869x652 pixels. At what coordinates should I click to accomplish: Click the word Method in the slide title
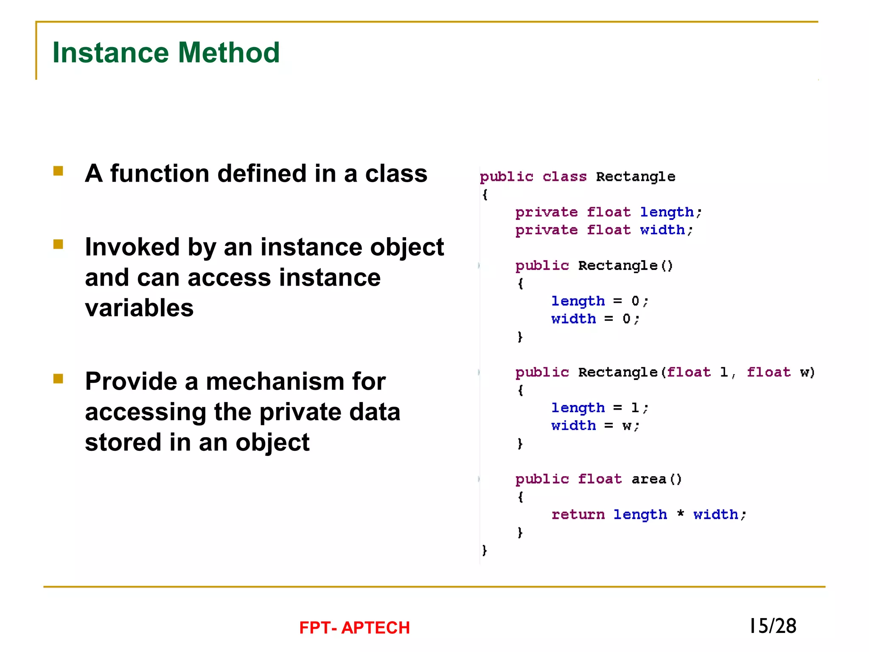(229, 53)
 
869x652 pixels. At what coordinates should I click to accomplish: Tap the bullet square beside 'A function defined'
(58, 171)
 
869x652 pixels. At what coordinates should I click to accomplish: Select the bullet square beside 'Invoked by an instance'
(58, 244)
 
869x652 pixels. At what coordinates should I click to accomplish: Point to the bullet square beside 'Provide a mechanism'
(58, 379)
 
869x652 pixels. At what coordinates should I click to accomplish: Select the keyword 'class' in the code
(564, 176)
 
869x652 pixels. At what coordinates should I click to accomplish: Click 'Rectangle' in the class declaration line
(635, 177)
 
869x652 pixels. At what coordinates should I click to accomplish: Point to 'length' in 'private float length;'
(667, 212)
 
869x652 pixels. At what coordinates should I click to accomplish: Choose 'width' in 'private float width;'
(662, 230)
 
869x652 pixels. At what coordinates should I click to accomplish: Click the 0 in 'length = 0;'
(635, 301)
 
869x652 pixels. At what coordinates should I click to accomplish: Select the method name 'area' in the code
(649, 479)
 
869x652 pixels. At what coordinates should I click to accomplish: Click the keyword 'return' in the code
(578, 514)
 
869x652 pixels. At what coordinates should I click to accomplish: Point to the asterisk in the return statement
(681, 514)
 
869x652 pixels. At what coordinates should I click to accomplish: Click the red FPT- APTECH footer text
(354, 627)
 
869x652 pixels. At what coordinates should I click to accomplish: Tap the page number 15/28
(773, 626)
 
